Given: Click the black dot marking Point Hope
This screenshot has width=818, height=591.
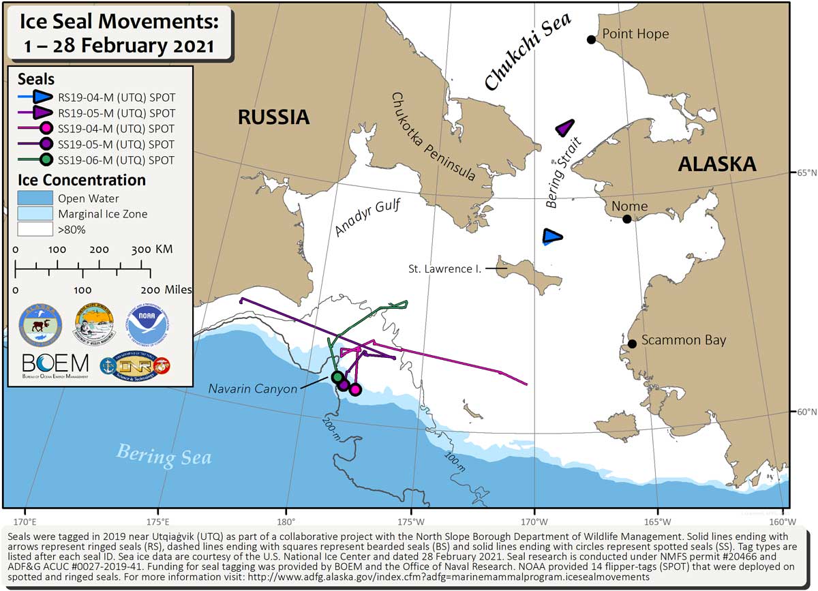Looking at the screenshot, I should (591, 40).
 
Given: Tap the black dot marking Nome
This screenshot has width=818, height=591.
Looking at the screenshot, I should (626, 219).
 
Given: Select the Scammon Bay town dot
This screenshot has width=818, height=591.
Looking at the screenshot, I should (632, 344).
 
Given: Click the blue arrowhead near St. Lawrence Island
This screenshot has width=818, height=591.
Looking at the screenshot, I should (552, 237).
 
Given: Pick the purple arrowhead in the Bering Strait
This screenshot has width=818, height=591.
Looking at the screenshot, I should (565, 128).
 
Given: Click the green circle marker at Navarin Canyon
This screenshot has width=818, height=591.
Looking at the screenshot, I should (336, 377).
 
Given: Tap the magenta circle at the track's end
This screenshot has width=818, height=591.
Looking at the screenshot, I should (354, 389).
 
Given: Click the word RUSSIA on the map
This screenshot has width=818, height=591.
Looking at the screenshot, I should (273, 117).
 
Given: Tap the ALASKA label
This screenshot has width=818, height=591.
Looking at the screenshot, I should (716, 164).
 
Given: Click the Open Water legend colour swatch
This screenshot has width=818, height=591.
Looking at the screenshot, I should (34, 198).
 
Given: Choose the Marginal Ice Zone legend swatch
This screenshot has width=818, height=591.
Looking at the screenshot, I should (34, 214).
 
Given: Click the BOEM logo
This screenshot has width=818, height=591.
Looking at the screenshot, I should (55, 367).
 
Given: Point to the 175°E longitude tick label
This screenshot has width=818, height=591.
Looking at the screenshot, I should (157, 513).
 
